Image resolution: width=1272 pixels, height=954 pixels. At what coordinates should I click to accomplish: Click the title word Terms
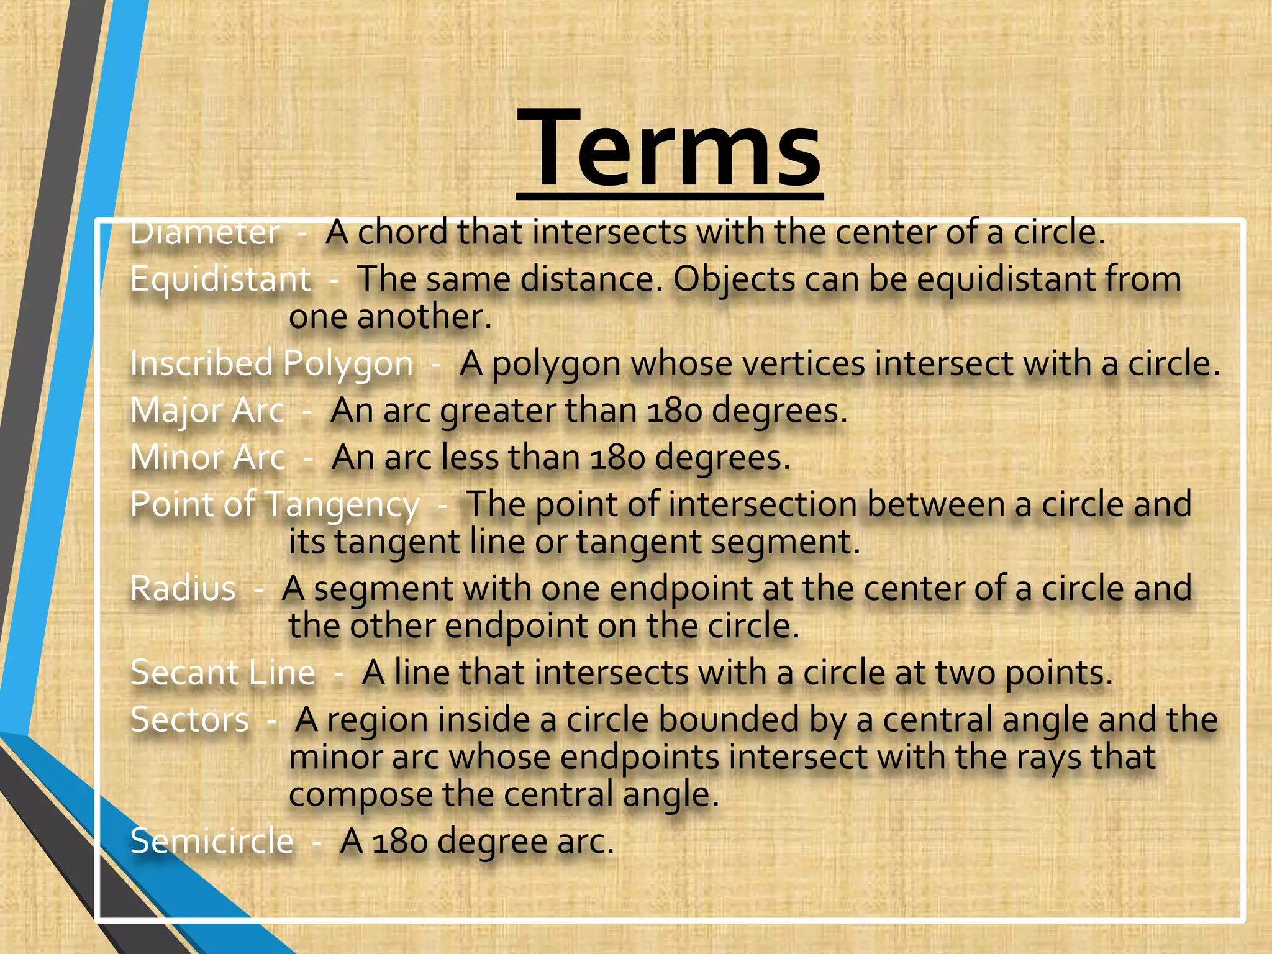(669, 149)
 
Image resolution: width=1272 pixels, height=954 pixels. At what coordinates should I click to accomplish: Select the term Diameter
(205, 234)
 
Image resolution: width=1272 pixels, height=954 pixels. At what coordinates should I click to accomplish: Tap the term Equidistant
(220, 279)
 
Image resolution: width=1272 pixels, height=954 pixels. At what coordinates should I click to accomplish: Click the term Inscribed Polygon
(271, 363)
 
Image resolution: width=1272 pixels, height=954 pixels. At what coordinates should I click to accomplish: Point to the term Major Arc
(207, 411)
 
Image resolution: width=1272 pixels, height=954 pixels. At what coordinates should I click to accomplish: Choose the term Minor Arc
(208, 458)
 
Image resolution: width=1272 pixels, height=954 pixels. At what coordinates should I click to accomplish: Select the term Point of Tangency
(275, 504)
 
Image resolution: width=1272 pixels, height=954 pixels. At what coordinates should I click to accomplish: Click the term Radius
(183, 588)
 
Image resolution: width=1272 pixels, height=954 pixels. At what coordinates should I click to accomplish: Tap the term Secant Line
(223, 673)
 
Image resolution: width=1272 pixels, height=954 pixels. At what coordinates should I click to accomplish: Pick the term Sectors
(189, 720)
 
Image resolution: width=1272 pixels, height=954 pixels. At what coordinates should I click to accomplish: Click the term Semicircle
(212, 842)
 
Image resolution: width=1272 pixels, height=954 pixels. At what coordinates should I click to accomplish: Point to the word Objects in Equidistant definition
(734, 279)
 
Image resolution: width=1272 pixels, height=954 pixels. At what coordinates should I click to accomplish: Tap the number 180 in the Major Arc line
(675, 411)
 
